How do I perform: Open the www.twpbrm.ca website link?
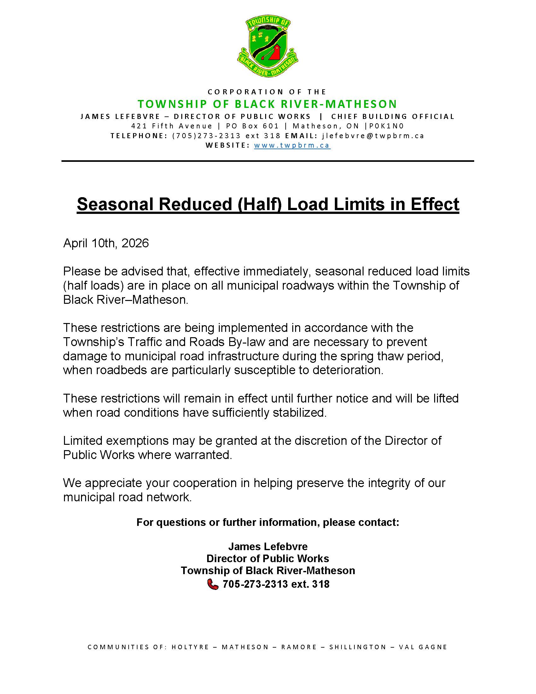tap(292, 145)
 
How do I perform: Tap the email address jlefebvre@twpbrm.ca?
tap(373, 136)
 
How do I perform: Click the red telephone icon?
tap(213, 584)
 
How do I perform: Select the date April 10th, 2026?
tap(106, 243)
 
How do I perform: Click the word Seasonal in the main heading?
tap(116, 204)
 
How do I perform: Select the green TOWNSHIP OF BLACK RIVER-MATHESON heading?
tap(267, 104)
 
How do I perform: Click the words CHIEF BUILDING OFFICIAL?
tap(393, 116)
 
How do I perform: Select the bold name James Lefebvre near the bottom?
tap(268, 547)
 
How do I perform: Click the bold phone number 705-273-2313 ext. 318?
tap(276, 584)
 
